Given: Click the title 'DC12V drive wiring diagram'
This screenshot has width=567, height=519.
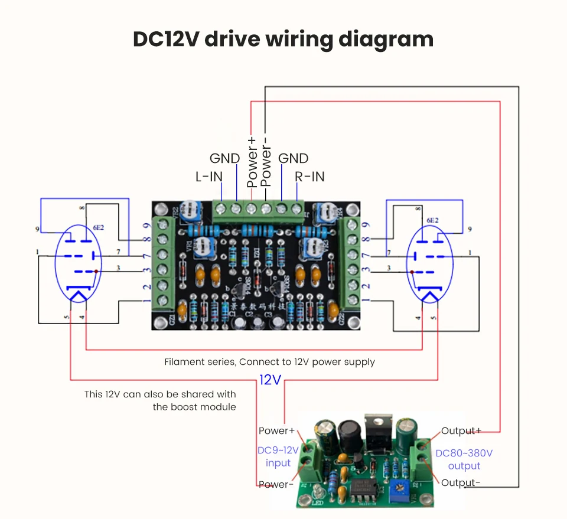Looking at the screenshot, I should click(283, 39).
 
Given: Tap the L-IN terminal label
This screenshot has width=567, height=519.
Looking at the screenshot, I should click(210, 177).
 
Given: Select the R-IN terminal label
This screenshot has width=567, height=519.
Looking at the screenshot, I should click(309, 177).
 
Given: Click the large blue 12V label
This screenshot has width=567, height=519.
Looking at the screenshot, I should click(271, 380).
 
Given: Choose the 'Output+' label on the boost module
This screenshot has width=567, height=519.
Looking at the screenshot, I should click(461, 431).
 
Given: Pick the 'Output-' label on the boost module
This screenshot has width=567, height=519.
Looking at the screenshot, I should click(461, 483).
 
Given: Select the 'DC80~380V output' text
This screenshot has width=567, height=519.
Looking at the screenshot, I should click(464, 459).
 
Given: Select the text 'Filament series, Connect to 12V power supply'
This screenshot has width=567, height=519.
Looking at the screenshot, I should click(269, 361).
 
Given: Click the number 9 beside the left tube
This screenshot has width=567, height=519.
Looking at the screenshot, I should click(38, 229).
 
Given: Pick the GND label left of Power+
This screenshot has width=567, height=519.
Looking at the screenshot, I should click(224, 158).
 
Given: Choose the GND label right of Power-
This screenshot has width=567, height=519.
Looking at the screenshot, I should click(293, 158).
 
